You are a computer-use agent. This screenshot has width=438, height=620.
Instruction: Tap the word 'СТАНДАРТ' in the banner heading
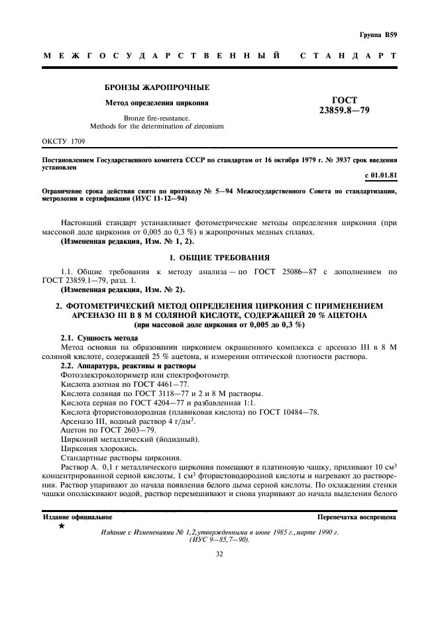pyautogui.click(x=349, y=56)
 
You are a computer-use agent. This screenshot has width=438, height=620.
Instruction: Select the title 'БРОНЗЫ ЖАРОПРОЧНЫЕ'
pyautogui.click(x=158, y=87)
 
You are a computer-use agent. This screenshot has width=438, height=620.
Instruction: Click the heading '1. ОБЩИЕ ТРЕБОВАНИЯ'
pyautogui.click(x=219, y=256)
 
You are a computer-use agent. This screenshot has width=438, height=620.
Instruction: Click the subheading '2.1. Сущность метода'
pyautogui.click(x=94, y=339)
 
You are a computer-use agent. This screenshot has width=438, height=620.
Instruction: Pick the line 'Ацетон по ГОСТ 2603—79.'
pyautogui.click(x=108, y=430)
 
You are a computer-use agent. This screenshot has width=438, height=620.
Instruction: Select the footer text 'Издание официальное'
pyautogui.click(x=77, y=516)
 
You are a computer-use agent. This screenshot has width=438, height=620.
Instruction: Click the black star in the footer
pyautogui.click(x=61, y=526)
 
